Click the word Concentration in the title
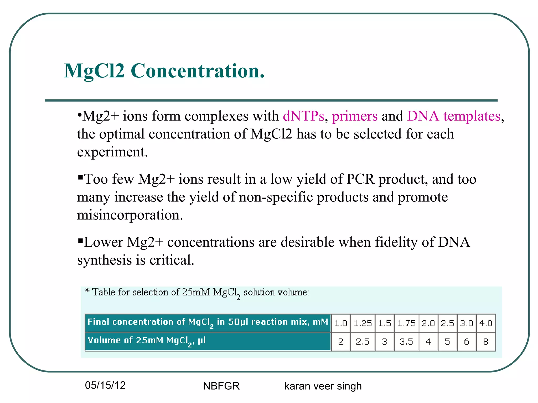coord(198,71)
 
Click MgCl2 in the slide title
coord(94,71)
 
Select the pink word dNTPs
coord(303,116)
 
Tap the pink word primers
coord(355,116)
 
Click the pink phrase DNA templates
coord(454,116)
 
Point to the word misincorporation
coord(130,215)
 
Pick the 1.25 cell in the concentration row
coord(363,323)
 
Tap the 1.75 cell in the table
coord(406,323)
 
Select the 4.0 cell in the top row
coord(486,323)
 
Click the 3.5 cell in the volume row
coord(406,342)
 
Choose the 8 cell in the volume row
coord(486,342)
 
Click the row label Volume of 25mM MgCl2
coord(147,341)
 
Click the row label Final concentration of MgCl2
coord(208,322)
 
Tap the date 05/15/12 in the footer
coord(105,385)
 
